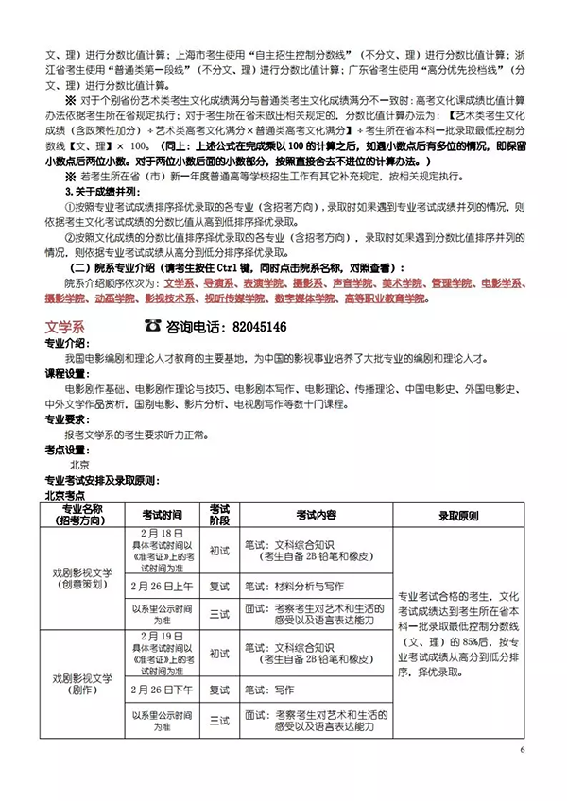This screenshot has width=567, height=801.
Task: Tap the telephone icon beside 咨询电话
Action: [152, 327]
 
